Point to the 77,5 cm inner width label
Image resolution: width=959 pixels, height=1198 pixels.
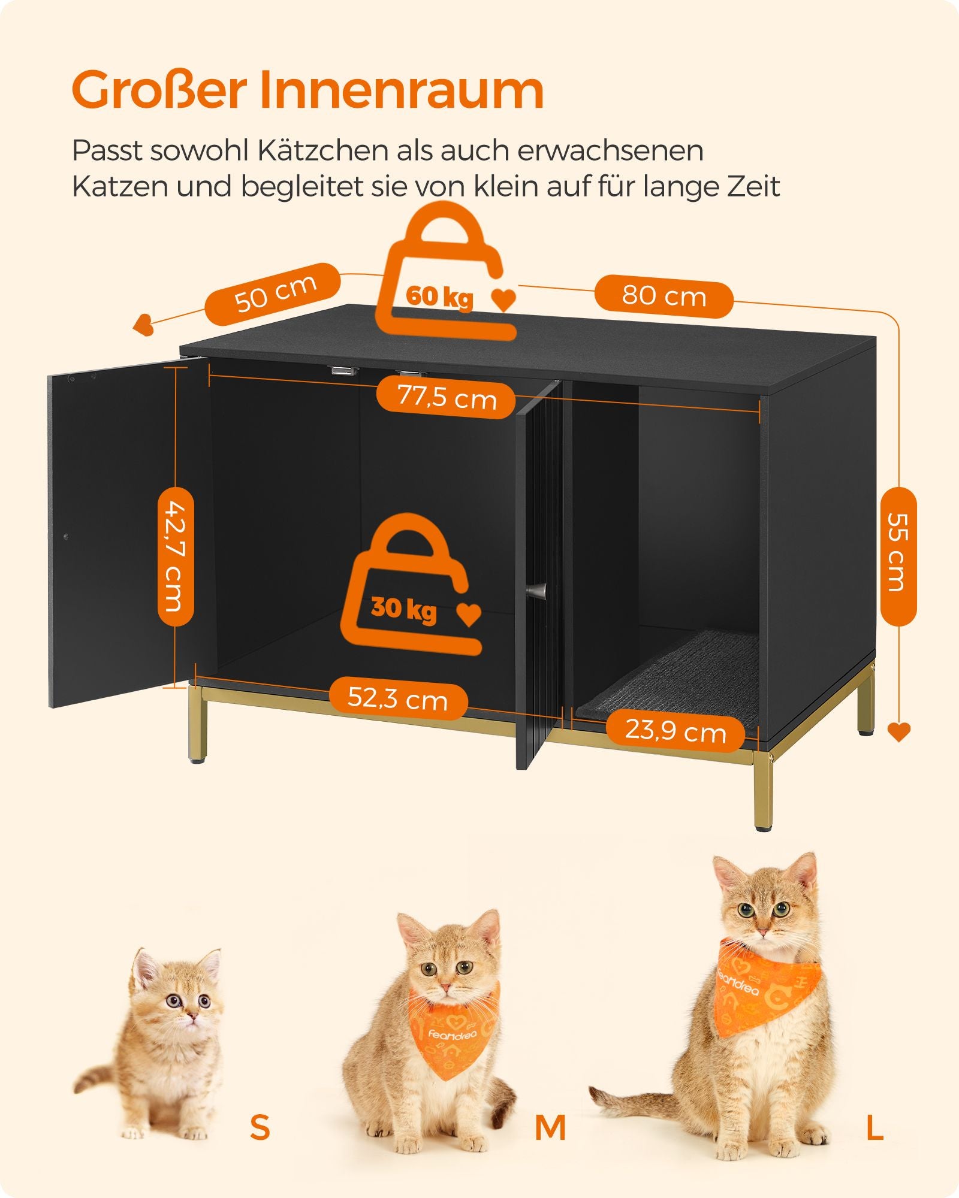pos(447,398)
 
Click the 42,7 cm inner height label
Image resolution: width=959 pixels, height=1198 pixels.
pos(176,556)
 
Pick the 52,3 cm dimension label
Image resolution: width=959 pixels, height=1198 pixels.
pos(397,698)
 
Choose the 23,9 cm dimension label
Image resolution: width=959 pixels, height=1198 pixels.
pos(675,731)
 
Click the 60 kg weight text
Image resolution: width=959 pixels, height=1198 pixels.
pos(439,297)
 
